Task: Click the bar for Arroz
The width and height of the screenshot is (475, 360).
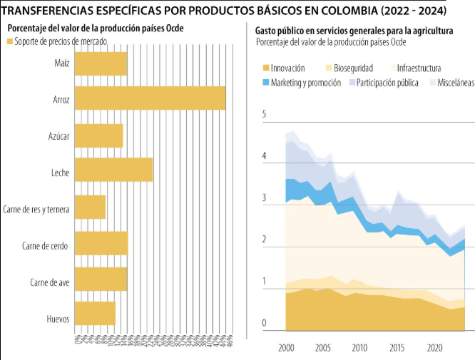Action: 150,98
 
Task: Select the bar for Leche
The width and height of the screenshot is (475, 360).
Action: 113,170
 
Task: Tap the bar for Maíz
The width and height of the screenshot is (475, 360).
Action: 101,63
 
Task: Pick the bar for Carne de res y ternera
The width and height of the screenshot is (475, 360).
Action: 90,207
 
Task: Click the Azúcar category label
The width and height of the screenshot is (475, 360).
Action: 58,135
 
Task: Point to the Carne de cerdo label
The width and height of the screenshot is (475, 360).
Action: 45,247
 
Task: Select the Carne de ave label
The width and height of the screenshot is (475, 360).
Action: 49,283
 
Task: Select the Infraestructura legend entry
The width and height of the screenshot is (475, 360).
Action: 417,68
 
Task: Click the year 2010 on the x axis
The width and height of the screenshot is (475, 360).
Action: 359,348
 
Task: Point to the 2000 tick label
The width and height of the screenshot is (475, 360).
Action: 286,348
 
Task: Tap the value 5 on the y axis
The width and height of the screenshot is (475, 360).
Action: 265,115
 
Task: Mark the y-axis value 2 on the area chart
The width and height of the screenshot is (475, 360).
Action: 265,240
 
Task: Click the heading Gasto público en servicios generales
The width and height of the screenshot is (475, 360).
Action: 352,31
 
